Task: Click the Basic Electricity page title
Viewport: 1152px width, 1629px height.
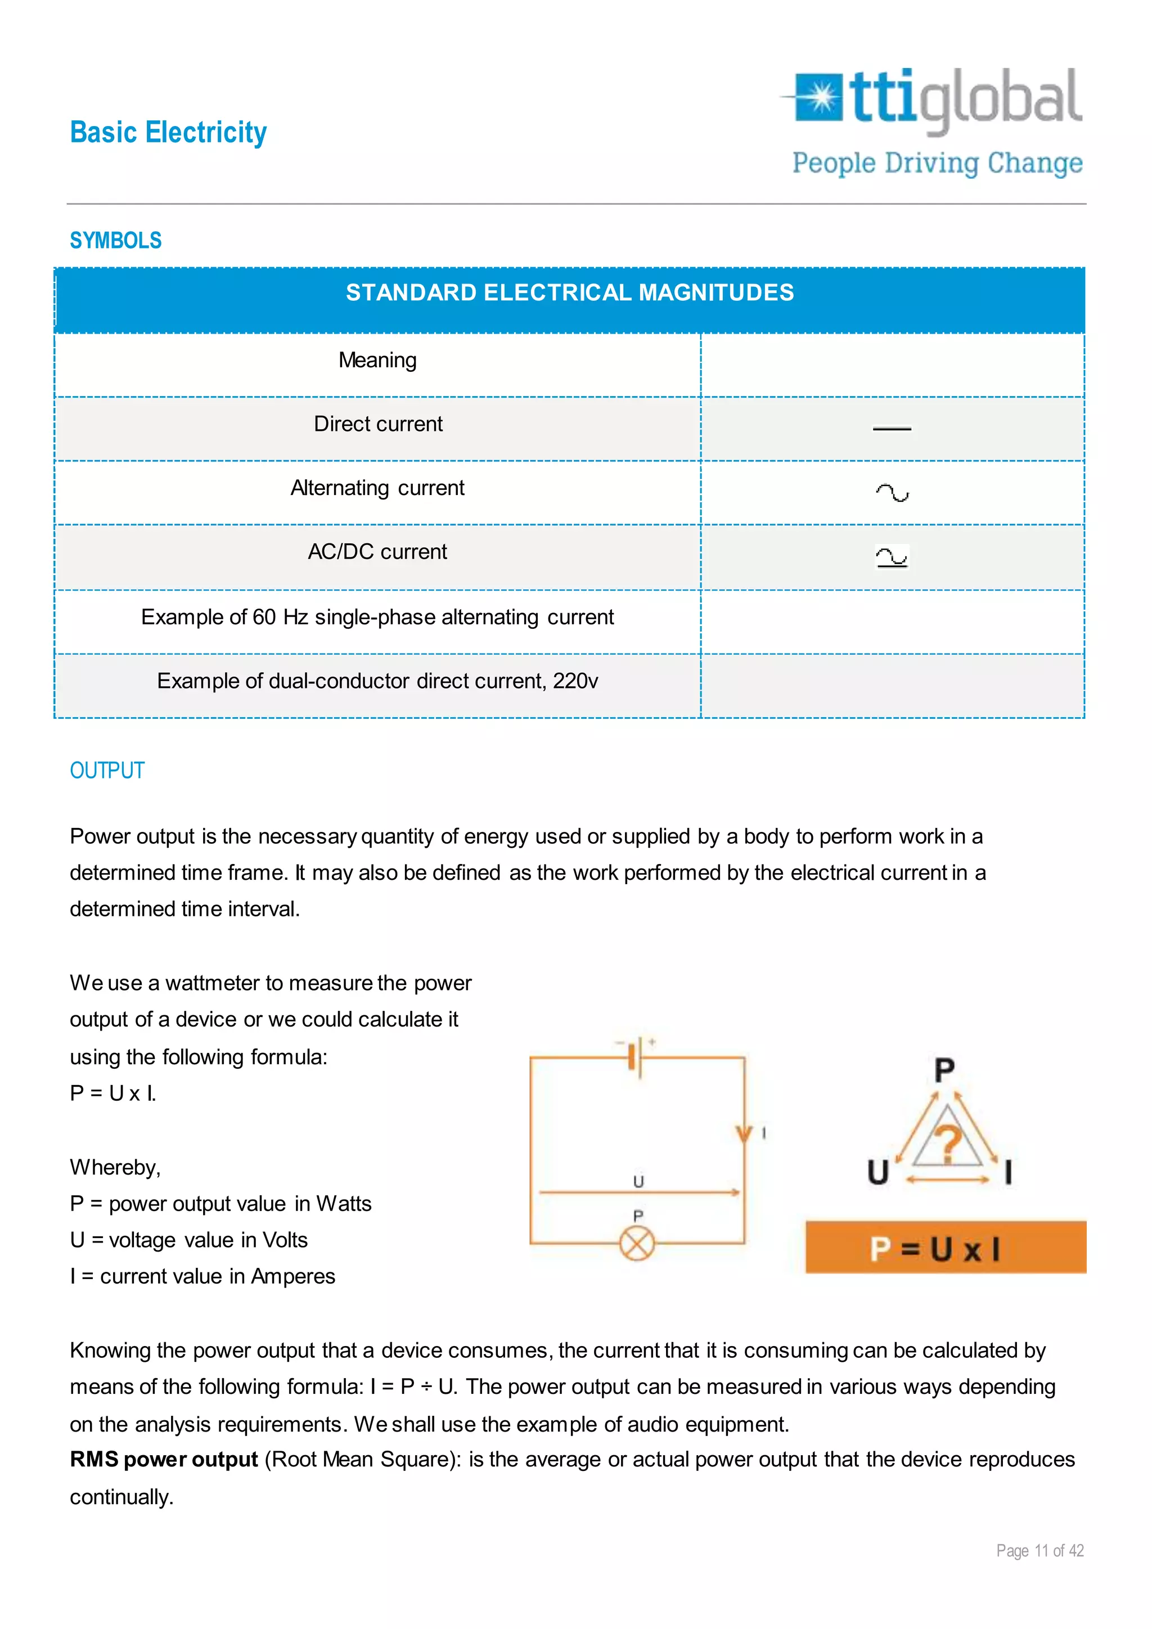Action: coord(168,133)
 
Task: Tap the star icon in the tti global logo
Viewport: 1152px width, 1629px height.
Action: coord(821,97)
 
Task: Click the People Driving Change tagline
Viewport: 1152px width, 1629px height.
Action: coord(937,163)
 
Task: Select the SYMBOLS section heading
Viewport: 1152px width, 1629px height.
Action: coord(116,241)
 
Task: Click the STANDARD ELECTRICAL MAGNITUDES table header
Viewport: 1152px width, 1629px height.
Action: coord(570,293)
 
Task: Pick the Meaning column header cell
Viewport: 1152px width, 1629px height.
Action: coord(377,361)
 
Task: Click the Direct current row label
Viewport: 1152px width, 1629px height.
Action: coord(377,424)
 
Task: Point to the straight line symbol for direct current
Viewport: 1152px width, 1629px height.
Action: coord(892,429)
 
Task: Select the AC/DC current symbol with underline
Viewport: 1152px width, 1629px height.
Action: coord(892,557)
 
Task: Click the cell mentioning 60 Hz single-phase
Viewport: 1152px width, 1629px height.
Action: coord(377,617)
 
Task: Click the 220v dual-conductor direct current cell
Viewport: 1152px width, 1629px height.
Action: coord(377,681)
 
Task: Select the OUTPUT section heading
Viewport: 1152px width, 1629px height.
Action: coord(107,771)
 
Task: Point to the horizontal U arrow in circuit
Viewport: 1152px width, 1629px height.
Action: coord(638,1192)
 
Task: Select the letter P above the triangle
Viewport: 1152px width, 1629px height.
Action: coord(944,1070)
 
